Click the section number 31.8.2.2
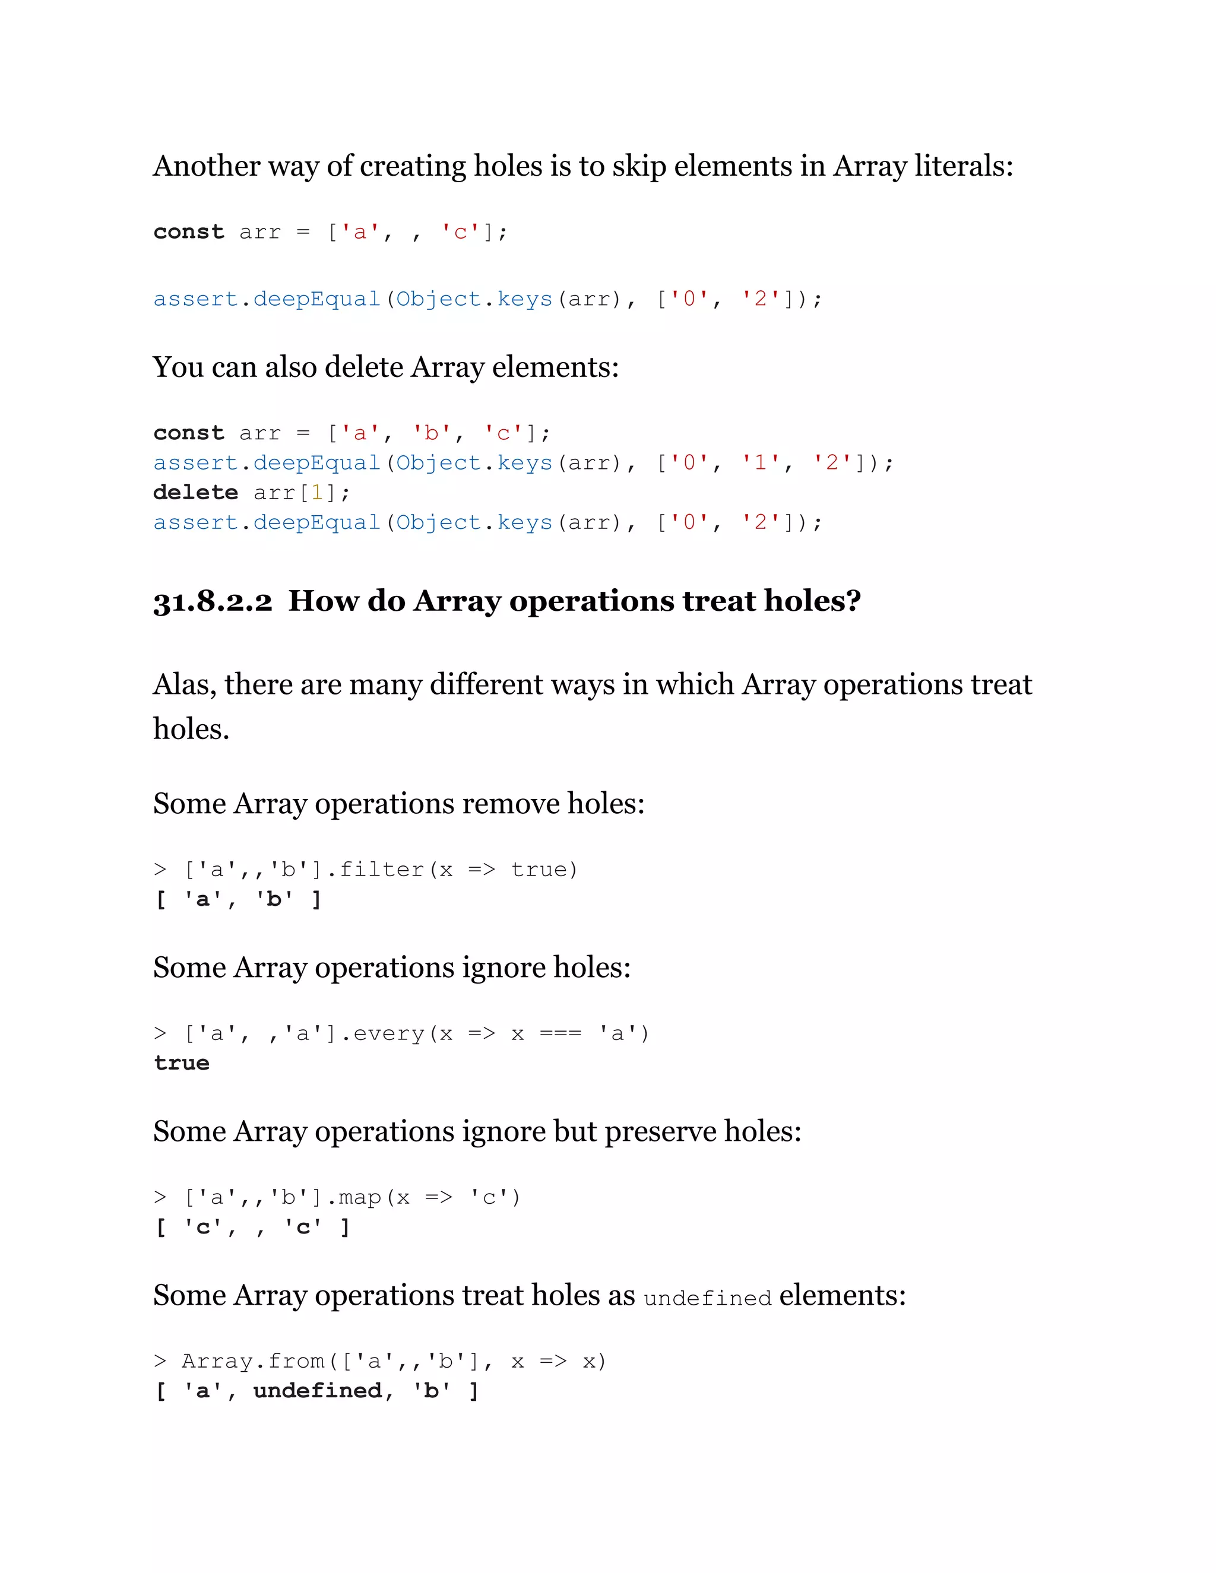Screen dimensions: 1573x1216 pyautogui.click(x=213, y=601)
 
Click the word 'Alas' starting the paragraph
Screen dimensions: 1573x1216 pyautogui.click(x=185, y=684)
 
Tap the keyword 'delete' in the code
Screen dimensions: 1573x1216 pyautogui.click(x=195, y=493)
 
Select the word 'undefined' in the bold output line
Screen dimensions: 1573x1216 pyautogui.click(x=318, y=1390)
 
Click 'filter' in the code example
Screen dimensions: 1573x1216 pyautogui.click(x=381, y=870)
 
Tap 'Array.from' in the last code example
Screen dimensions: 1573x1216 pyautogui.click(x=253, y=1360)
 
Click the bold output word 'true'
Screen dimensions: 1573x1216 pyautogui.click(x=182, y=1063)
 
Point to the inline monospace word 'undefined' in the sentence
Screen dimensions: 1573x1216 pyautogui.click(x=707, y=1298)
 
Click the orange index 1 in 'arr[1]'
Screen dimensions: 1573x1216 pyautogui.click(x=317, y=493)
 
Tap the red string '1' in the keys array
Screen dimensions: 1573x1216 pyautogui.click(x=760, y=462)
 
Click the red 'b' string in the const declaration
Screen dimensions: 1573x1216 pyautogui.click(x=432, y=433)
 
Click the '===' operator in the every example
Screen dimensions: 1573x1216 pyautogui.click(x=560, y=1033)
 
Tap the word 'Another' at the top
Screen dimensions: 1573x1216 pyautogui.click(x=206, y=166)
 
